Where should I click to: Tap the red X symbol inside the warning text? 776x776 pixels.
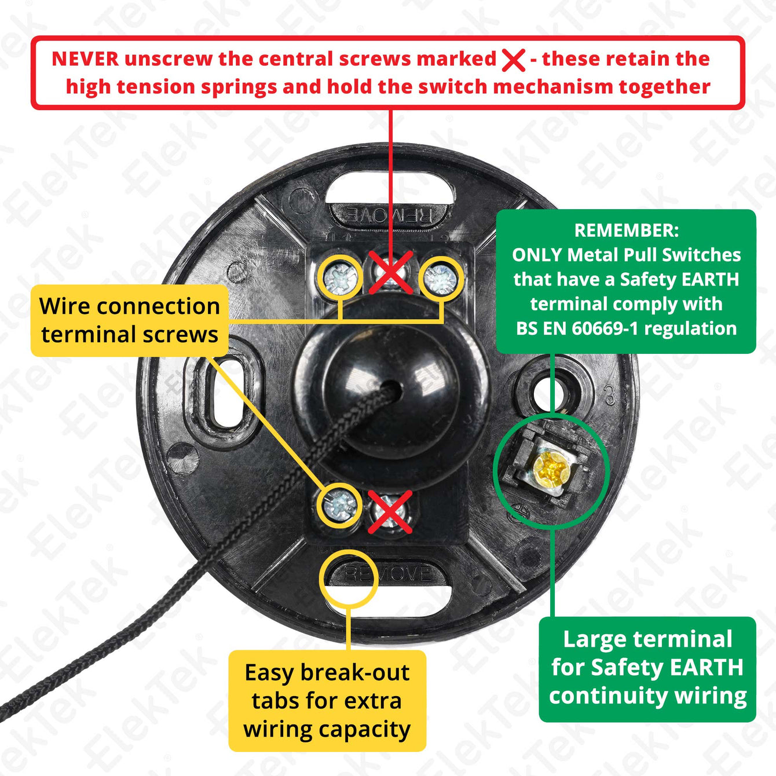513,60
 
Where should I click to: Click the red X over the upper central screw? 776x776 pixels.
391,271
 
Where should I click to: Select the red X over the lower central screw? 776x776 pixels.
390,512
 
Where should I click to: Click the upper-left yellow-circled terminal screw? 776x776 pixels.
341,278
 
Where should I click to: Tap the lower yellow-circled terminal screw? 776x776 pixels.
340,505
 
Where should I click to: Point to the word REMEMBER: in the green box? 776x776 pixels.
626,230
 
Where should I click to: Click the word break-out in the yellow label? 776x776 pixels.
355,673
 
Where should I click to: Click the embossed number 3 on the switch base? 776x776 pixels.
610,395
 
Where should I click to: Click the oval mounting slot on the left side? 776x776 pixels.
228,394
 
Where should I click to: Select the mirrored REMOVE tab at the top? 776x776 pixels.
390,215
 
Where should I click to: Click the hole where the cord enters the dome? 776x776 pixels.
392,389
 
